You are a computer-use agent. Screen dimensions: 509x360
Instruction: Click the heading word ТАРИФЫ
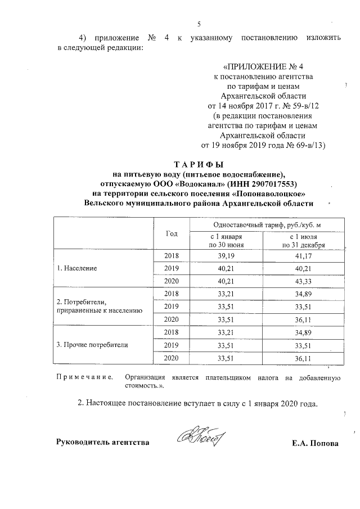[x=199, y=164]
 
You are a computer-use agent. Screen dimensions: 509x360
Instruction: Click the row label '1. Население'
[x=77, y=268]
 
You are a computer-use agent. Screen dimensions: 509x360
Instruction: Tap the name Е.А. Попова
[x=315, y=443]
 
